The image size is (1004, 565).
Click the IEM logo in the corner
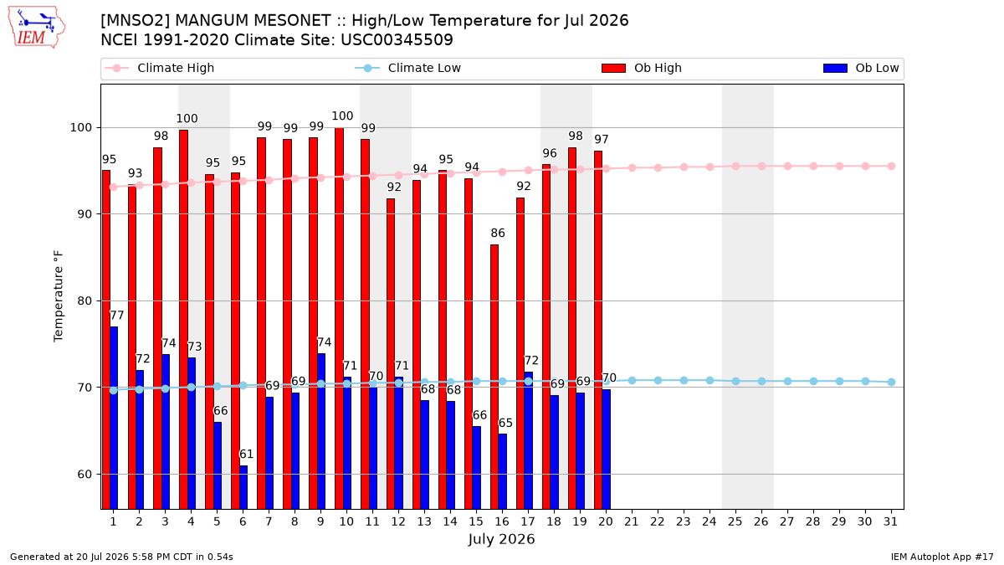[x=37, y=28]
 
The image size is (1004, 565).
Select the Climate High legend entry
[x=160, y=68]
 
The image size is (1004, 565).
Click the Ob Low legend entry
[x=861, y=68]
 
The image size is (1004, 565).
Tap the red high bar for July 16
[x=494, y=377]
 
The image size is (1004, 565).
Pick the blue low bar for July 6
[x=243, y=487]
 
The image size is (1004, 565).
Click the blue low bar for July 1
[x=114, y=418]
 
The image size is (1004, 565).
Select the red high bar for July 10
[x=339, y=318]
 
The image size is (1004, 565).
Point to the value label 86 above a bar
[x=498, y=234]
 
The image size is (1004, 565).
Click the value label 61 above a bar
[x=246, y=455]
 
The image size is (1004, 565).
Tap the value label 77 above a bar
[x=116, y=316]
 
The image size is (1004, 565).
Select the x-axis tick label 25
[x=735, y=522]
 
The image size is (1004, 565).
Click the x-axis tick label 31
[x=890, y=522]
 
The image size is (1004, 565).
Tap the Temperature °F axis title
[x=59, y=296]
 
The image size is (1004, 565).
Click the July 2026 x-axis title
[x=501, y=539]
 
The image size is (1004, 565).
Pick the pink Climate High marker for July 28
[x=813, y=167]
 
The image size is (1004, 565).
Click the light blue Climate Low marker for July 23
[x=684, y=381]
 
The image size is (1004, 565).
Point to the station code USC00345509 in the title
[x=397, y=40]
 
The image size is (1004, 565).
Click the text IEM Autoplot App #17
[x=942, y=557]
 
